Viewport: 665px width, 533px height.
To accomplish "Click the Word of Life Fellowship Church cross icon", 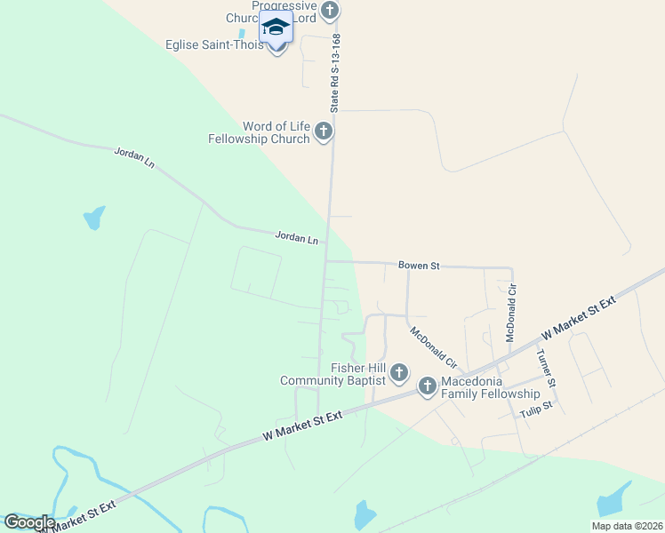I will (x=324, y=132).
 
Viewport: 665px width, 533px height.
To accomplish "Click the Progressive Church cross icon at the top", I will (x=330, y=12).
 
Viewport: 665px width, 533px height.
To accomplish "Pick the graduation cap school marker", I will (x=276, y=28).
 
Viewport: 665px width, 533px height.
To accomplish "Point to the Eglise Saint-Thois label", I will (x=214, y=45).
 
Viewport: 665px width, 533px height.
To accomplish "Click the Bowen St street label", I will (x=419, y=266).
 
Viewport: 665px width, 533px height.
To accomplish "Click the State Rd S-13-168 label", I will (x=335, y=73).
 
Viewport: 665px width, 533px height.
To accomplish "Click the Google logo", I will (x=28, y=522).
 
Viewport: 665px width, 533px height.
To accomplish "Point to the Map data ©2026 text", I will (x=627, y=526).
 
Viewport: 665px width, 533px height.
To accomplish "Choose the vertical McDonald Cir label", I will (x=511, y=313).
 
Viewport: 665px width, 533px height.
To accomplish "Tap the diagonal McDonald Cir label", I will (x=433, y=349).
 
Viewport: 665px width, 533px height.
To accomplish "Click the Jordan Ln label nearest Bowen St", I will (x=296, y=238).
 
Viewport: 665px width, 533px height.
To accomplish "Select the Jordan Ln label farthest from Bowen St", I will (x=134, y=158).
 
